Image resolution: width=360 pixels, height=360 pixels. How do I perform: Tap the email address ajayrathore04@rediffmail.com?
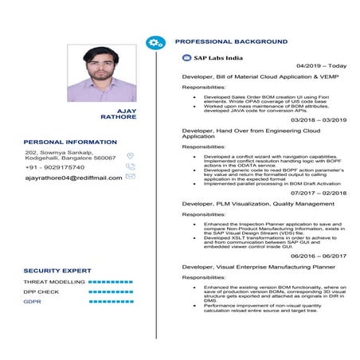pyautogui.click(x=73, y=178)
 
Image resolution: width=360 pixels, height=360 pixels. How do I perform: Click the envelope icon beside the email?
pyautogui.click(x=131, y=176)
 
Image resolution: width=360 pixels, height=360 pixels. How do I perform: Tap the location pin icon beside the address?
pyautogui.click(x=131, y=156)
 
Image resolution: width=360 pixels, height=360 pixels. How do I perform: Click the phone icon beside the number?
pyautogui.click(x=131, y=166)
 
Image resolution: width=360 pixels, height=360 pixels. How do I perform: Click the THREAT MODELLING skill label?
pyautogui.click(x=54, y=282)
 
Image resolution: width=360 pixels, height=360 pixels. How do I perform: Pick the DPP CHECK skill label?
pyautogui.click(x=41, y=292)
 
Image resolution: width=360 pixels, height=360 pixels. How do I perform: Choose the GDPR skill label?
pyautogui.click(x=33, y=302)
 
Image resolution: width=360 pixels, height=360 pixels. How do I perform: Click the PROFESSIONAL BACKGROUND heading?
pyautogui.click(x=231, y=41)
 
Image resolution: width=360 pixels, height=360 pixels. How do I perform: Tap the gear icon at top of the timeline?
pyautogui.click(x=155, y=41)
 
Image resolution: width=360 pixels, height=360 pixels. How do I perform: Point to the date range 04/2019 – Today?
pyautogui.click(x=321, y=65)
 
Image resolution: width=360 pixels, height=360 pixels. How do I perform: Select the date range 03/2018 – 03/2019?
pyautogui.click(x=319, y=119)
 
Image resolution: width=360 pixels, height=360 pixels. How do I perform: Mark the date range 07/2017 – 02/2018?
pyautogui.click(x=319, y=193)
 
